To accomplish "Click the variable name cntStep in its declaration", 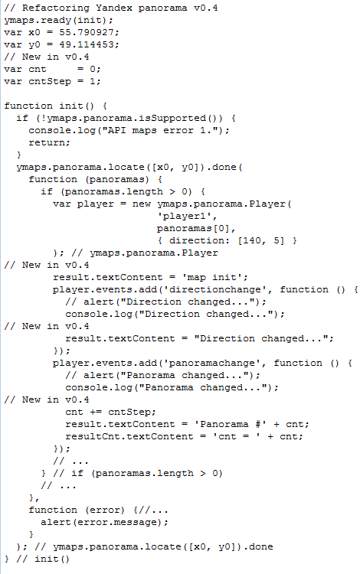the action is pos(50,81).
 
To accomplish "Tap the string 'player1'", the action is pos(184,216).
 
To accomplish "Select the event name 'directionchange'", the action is pos(214,289).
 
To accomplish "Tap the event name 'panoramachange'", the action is pos(211,363).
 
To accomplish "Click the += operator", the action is pos(96,412).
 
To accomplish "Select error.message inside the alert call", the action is pos(119,522).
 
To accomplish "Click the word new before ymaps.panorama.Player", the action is pos(142,204).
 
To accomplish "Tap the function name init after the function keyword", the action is pos(71,106).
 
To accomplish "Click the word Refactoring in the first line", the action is pos(56,8).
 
